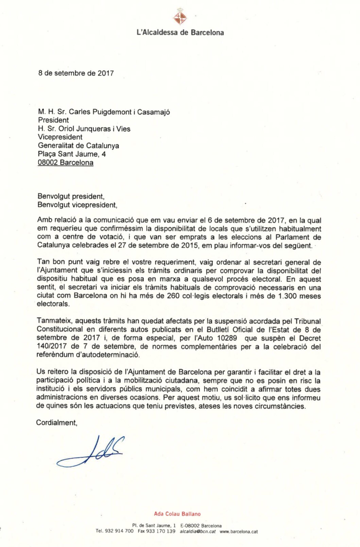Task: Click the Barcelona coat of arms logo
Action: [x=180, y=17]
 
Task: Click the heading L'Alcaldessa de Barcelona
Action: [x=180, y=33]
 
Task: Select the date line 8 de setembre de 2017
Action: [x=76, y=73]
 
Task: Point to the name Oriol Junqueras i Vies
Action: [x=95, y=129]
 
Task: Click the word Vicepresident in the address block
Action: [x=60, y=137]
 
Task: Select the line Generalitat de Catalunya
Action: [x=79, y=146]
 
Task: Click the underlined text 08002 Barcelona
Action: [x=66, y=163]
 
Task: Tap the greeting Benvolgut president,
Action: [x=71, y=196]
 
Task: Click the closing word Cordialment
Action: [x=56, y=423]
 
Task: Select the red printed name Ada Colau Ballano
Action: [x=177, y=514]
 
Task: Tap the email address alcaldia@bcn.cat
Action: [x=198, y=531]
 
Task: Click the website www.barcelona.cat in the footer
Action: [x=239, y=531]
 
